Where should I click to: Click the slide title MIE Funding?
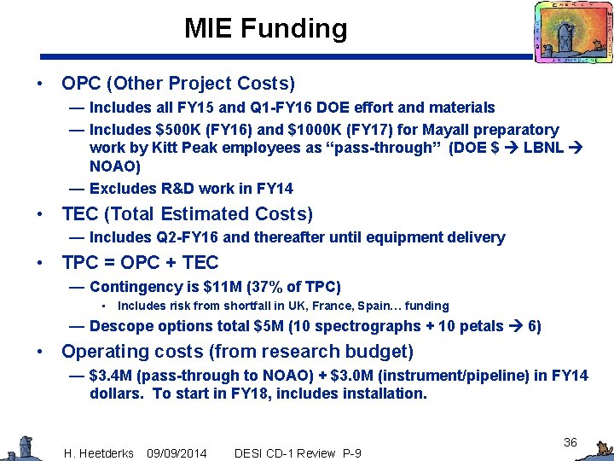coord(265,29)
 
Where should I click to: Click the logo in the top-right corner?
coord(572,32)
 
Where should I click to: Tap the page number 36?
coord(571,442)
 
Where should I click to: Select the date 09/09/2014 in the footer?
coord(177,452)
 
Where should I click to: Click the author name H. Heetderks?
coord(99,452)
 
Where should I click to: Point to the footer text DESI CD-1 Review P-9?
coord(298,452)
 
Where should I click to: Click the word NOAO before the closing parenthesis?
coord(110,167)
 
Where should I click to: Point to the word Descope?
coord(119,325)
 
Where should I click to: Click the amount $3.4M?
coord(113,375)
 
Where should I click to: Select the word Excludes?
coord(121,188)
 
